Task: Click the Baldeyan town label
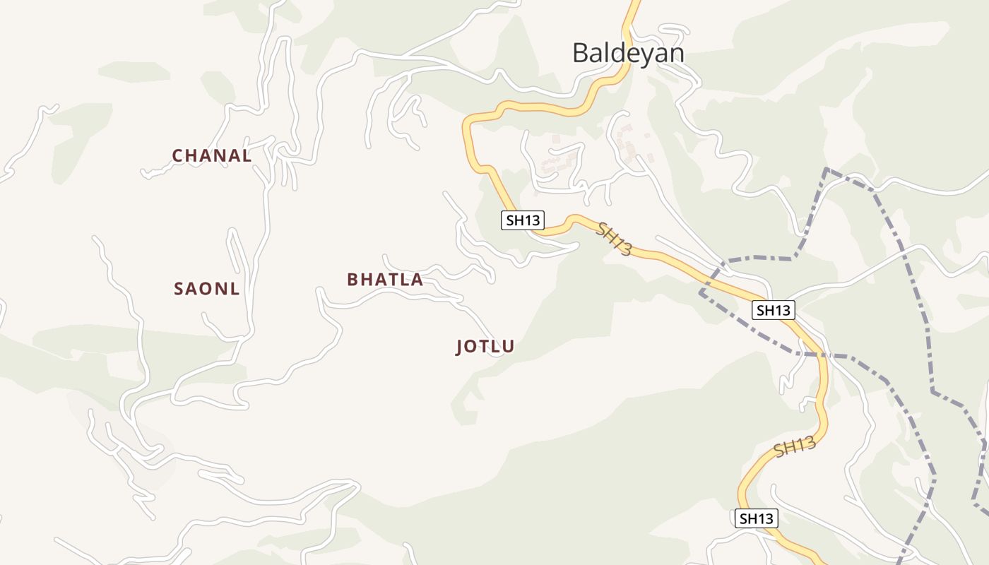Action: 628,53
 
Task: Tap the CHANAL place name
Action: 212,156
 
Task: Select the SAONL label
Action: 207,289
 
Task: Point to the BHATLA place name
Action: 385,280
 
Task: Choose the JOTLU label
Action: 485,347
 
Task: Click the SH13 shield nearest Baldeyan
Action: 523,220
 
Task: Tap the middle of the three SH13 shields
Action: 774,309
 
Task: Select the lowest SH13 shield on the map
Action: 756,518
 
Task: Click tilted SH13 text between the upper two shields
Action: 614,239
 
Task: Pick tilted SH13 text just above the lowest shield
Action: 795,447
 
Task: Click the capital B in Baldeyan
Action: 581,53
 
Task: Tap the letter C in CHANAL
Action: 178,156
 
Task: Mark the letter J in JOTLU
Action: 461,347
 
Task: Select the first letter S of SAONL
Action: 179,289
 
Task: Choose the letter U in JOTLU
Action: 509,347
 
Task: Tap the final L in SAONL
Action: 235,289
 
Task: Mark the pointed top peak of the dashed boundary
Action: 826,169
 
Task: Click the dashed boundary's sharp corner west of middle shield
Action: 701,291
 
